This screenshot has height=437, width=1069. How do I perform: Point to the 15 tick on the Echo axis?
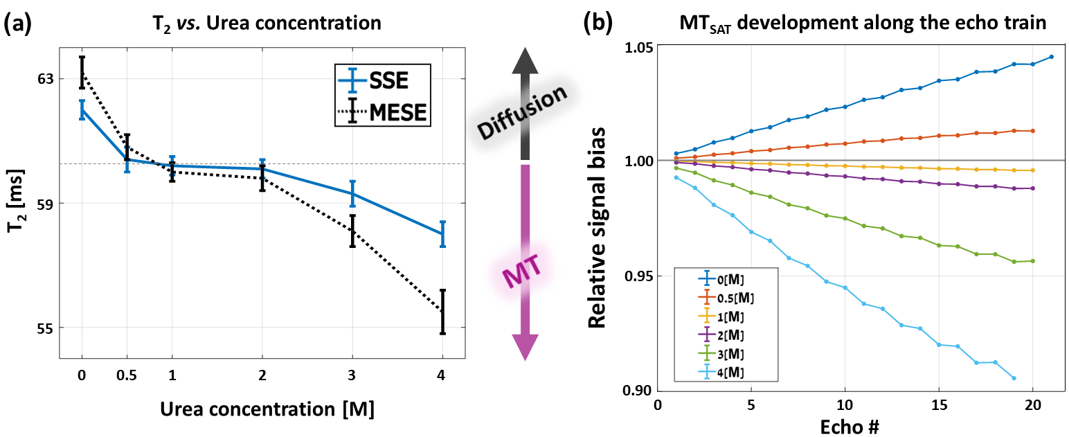click(939, 404)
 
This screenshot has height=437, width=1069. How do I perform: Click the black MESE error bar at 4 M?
click(442, 312)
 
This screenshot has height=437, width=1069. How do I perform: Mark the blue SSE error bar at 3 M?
click(352, 193)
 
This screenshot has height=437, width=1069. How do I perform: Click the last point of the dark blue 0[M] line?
click(1052, 57)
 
